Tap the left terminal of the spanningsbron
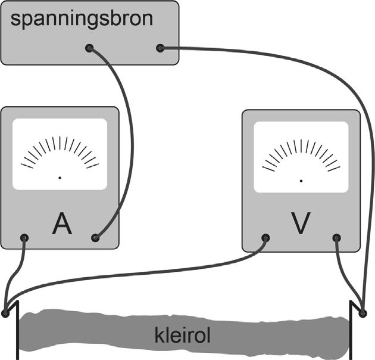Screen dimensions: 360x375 [x=89, y=48]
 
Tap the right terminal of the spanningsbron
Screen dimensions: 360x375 [x=160, y=48]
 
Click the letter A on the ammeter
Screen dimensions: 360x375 [x=62, y=224]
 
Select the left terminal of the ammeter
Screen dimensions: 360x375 [x=24, y=238]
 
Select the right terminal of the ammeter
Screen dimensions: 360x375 [x=95, y=238]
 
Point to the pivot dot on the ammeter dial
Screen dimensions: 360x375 [x=60, y=178]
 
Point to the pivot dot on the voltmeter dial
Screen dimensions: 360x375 [x=301, y=179]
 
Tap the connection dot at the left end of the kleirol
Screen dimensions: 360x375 [x=5, y=312]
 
